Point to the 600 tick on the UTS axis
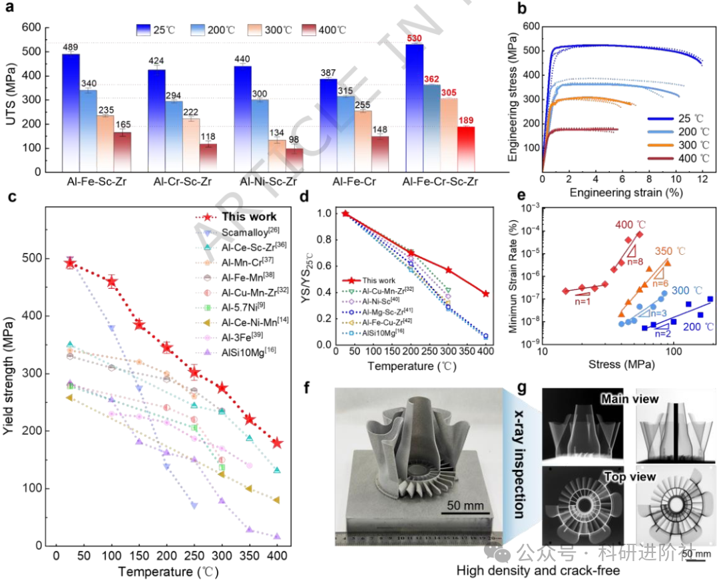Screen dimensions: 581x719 [x=31, y=27]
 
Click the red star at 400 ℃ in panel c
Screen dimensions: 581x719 [x=277, y=443]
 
